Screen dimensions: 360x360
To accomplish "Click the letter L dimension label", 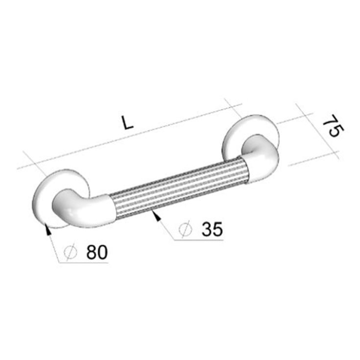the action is [128, 122].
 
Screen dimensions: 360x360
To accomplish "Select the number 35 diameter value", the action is [212, 229].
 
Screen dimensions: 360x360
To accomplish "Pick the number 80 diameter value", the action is [97, 252].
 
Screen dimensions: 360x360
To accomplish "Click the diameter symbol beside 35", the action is [185, 229].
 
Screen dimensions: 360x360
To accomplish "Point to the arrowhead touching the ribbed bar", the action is [156, 216].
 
